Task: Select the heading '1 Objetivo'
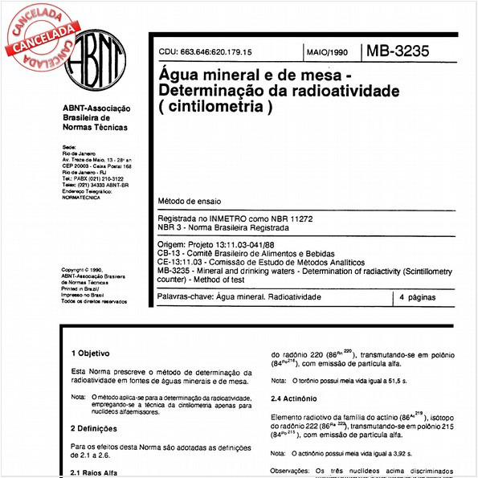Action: [90, 353]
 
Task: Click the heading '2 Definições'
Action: [94, 428]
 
